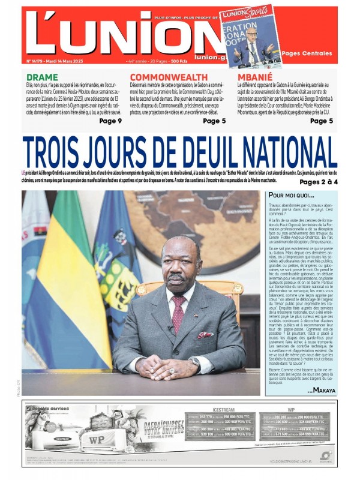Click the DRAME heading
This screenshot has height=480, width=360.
tap(42, 77)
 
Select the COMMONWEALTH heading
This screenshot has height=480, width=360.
tap(169, 77)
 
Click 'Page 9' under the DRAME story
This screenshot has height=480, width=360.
tap(110, 121)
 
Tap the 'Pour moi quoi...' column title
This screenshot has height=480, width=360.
tap(291, 196)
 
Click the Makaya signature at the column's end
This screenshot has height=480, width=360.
tap(321, 390)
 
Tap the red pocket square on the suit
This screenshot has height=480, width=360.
tap(205, 335)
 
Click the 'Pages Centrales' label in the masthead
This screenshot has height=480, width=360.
tap(307, 54)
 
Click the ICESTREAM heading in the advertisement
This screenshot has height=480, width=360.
tap(223, 410)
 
